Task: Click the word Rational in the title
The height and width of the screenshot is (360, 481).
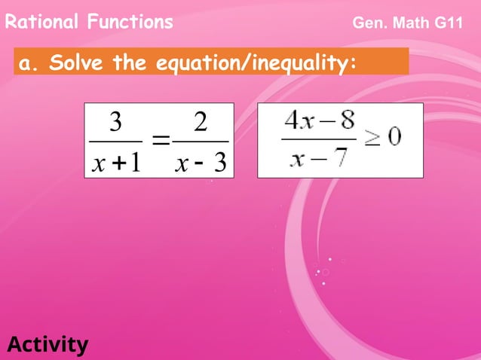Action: click(41, 22)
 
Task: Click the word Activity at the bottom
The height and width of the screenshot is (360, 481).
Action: click(47, 345)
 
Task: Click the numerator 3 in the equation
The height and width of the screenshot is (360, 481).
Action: click(116, 123)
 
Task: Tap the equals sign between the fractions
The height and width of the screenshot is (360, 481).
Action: click(160, 141)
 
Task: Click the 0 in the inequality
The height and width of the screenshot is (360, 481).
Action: click(395, 137)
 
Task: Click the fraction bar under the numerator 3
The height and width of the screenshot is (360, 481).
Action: click(115, 141)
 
